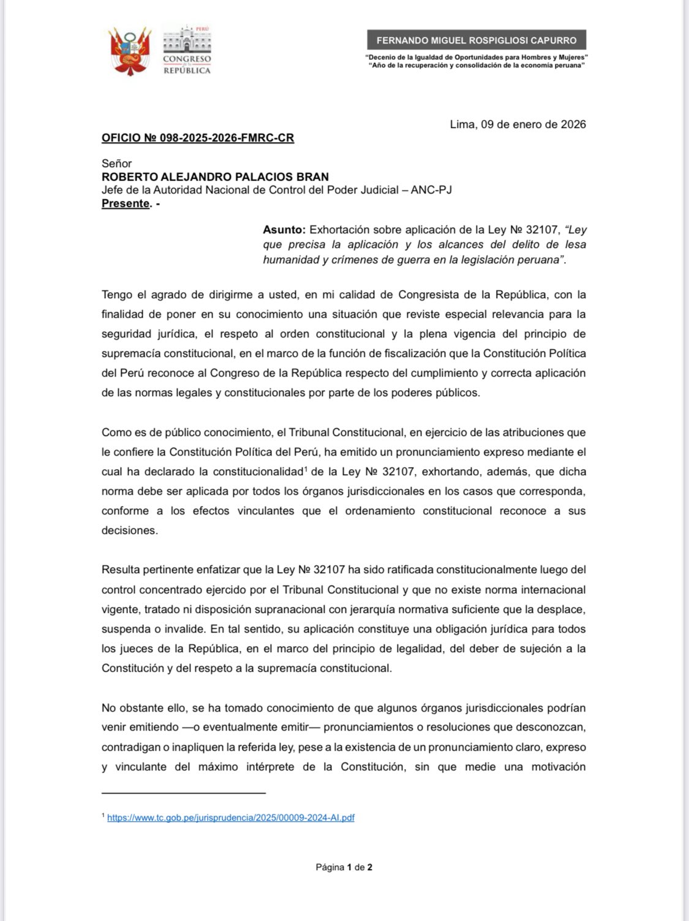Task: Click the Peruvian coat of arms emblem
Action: [129, 51]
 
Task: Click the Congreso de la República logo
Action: [187, 50]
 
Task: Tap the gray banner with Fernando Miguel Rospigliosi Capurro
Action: [476, 40]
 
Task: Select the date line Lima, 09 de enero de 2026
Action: [518, 124]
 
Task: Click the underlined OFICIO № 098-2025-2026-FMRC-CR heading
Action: [198, 138]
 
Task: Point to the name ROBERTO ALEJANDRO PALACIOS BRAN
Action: [215, 177]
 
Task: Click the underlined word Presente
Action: [126, 203]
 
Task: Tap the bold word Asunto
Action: [284, 230]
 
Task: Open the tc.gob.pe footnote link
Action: [231, 818]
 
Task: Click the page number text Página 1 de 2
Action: [344, 867]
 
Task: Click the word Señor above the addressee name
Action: [116, 164]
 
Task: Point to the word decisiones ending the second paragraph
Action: [130, 530]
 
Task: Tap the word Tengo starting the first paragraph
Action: [116, 295]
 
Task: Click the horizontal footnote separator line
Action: [184, 793]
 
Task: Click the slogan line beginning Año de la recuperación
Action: [476, 65]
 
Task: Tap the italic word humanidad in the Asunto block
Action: [289, 260]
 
